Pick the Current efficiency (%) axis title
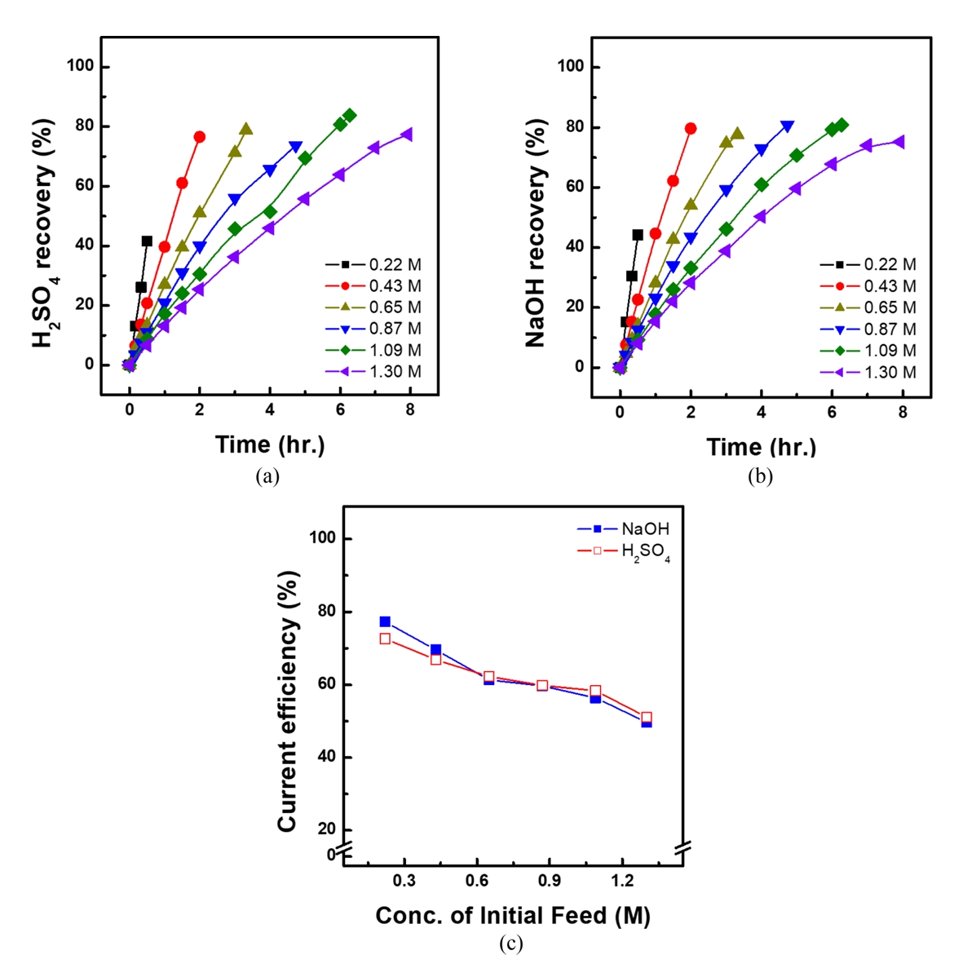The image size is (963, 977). [287, 701]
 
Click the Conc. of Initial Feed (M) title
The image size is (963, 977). [513, 916]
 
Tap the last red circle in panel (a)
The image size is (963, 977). [199, 137]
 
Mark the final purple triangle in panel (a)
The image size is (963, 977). [407, 135]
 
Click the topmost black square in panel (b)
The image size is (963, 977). [638, 235]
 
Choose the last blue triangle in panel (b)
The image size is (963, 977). [787, 126]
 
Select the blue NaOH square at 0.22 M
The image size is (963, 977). [385, 621]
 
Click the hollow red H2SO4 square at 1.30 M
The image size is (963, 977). [647, 718]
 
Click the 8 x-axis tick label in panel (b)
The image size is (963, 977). [902, 413]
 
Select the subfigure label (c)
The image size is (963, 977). [510, 944]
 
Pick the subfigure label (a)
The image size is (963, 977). [267, 476]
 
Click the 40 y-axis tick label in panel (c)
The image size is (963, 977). [325, 757]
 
